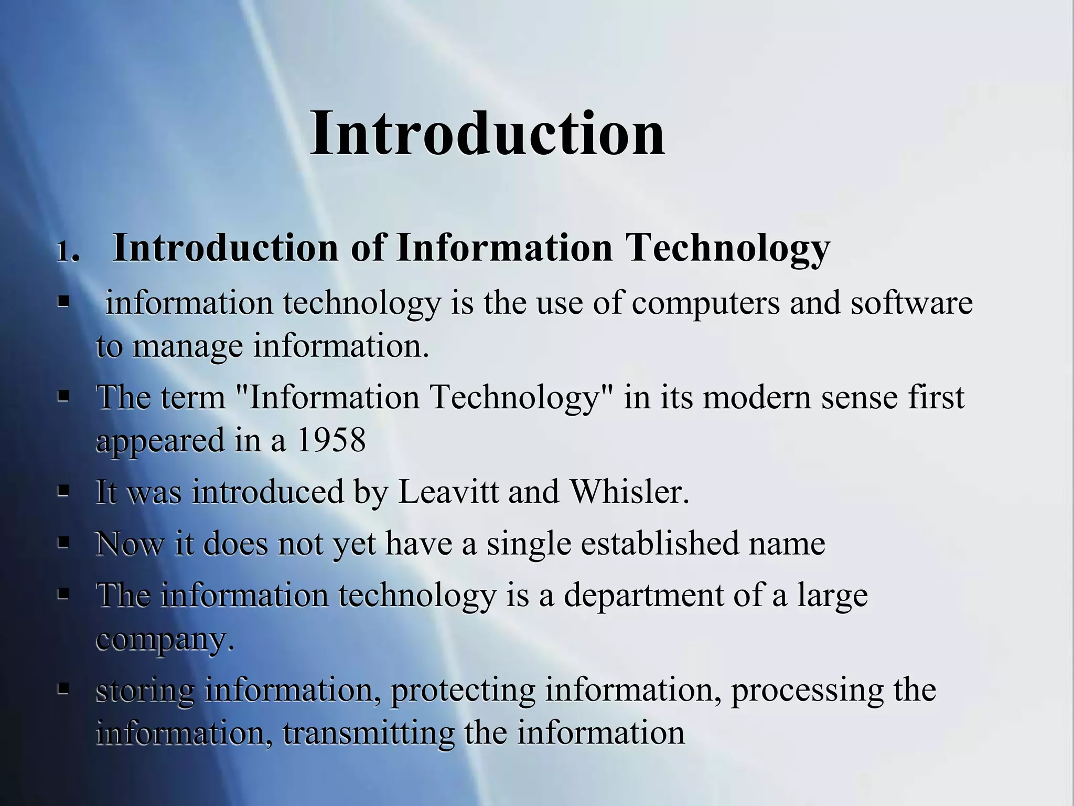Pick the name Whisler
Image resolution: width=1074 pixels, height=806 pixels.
click(x=629, y=492)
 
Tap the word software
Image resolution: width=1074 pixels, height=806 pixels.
click(x=911, y=303)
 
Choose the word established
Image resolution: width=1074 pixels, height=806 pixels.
click(x=659, y=543)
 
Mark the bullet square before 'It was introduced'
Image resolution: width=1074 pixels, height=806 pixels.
click(x=63, y=492)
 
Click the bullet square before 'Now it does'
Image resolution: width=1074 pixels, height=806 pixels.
click(x=63, y=543)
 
